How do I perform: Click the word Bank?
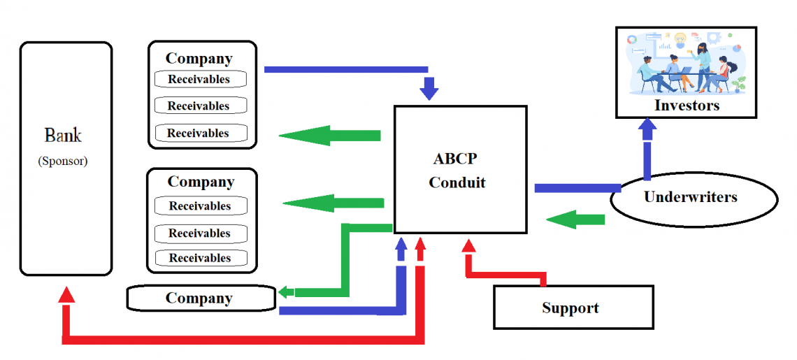click(63, 136)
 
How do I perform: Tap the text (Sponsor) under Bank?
click(63, 161)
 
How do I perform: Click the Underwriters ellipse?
click(693, 197)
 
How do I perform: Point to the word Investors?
click(687, 106)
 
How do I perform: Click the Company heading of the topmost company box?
click(199, 59)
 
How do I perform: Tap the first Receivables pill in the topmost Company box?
click(199, 80)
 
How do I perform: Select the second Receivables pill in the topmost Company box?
click(199, 106)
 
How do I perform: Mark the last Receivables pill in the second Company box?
click(200, 258)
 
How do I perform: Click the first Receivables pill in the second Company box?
click(200, 206)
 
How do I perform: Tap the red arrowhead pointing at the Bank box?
click(66, 294)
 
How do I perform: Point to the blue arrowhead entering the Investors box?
click(648, 128)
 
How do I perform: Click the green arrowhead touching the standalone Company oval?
click(287, 292)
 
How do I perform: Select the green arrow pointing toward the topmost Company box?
click(329, 135)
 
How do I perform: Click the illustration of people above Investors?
click(687, 63)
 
